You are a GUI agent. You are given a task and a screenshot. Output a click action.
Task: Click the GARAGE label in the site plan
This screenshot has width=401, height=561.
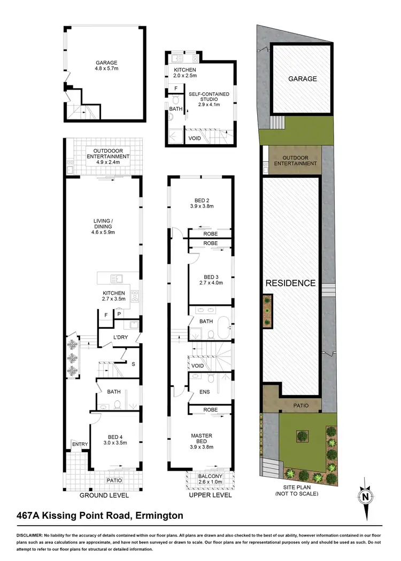[x=303, y=78]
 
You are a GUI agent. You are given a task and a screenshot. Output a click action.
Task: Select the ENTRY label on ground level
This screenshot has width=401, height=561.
[x=80, y=444]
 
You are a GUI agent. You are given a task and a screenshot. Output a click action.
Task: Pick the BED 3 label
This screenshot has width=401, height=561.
[x=211, y=277]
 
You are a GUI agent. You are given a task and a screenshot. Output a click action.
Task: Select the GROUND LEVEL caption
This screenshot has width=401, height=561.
[x=104, y=495]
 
